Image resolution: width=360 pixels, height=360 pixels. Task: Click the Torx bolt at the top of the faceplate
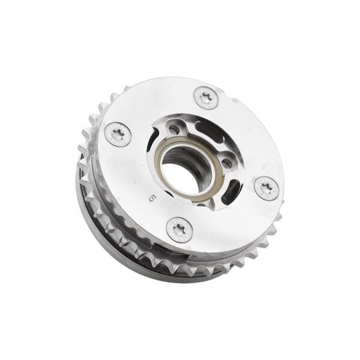coord(206,98)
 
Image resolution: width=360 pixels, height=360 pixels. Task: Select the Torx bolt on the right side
coord(266,188)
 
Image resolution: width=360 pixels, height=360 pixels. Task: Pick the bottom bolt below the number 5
coord(179,229)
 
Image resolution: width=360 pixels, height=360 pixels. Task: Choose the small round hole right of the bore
coord(227,163)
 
